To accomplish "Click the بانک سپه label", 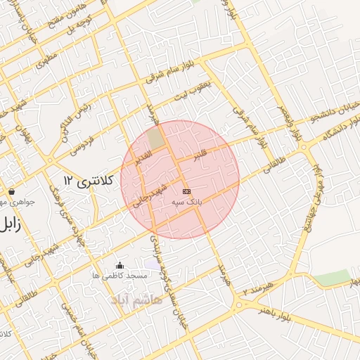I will [186, 202].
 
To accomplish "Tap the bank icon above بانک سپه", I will [186, 191].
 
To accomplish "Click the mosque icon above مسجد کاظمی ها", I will [119, 266].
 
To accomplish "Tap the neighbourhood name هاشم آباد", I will [136, 300].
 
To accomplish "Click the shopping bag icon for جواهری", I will [12, 191].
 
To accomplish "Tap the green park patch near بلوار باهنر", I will [331, 277].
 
